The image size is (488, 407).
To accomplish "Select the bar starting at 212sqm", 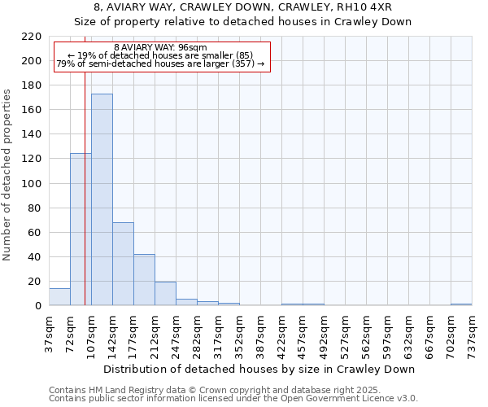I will click(165, 294).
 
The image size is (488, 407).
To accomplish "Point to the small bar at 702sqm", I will click(461, 304).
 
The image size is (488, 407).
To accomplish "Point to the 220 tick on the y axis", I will click(33, 37).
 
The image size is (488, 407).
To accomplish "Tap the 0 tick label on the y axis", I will click(38, 306).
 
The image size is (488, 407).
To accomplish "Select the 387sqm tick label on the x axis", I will click(260, 334).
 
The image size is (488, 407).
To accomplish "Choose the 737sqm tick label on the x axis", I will click(472, 334).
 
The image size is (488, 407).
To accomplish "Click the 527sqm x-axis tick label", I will click(345, 334).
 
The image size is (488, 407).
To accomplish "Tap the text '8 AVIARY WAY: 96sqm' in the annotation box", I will click(160, 47).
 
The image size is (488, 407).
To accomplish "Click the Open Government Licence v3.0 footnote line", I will click(233, 399).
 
